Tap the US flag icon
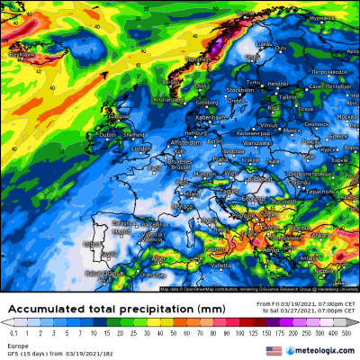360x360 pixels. coord(274,350)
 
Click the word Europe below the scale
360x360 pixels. coord(16,344)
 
